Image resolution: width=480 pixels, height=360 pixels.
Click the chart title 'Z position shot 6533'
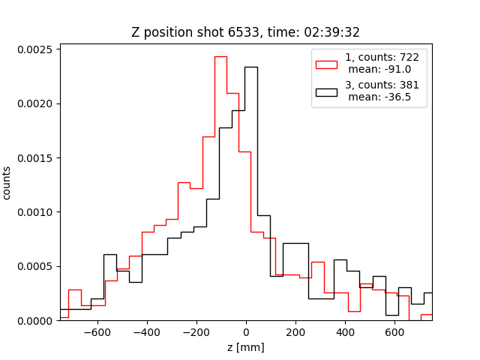tap(246, 32)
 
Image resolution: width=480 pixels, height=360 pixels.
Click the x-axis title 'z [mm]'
tap(246, 347)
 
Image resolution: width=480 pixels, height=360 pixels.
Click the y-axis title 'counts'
tap(7, 182)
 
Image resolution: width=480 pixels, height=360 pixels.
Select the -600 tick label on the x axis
tap(97, 332)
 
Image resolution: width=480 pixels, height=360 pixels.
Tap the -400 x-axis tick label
tap(147, 332)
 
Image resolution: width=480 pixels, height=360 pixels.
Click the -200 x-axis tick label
tap(196, 332)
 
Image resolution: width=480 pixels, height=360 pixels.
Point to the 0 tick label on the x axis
tap(246, 332)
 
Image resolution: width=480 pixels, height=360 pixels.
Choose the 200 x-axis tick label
tap(295, 332)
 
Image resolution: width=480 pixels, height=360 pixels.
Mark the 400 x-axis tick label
tap(345, 332)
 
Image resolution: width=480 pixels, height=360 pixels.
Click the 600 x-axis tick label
tap(394, 332)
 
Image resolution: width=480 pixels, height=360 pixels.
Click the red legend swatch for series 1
tap(326, 62)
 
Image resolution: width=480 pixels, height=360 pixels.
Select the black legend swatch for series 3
tap(326, 91)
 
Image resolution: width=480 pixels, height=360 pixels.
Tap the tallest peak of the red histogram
tap(220, 56)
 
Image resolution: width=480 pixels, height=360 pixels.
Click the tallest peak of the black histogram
tap(250, 67)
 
